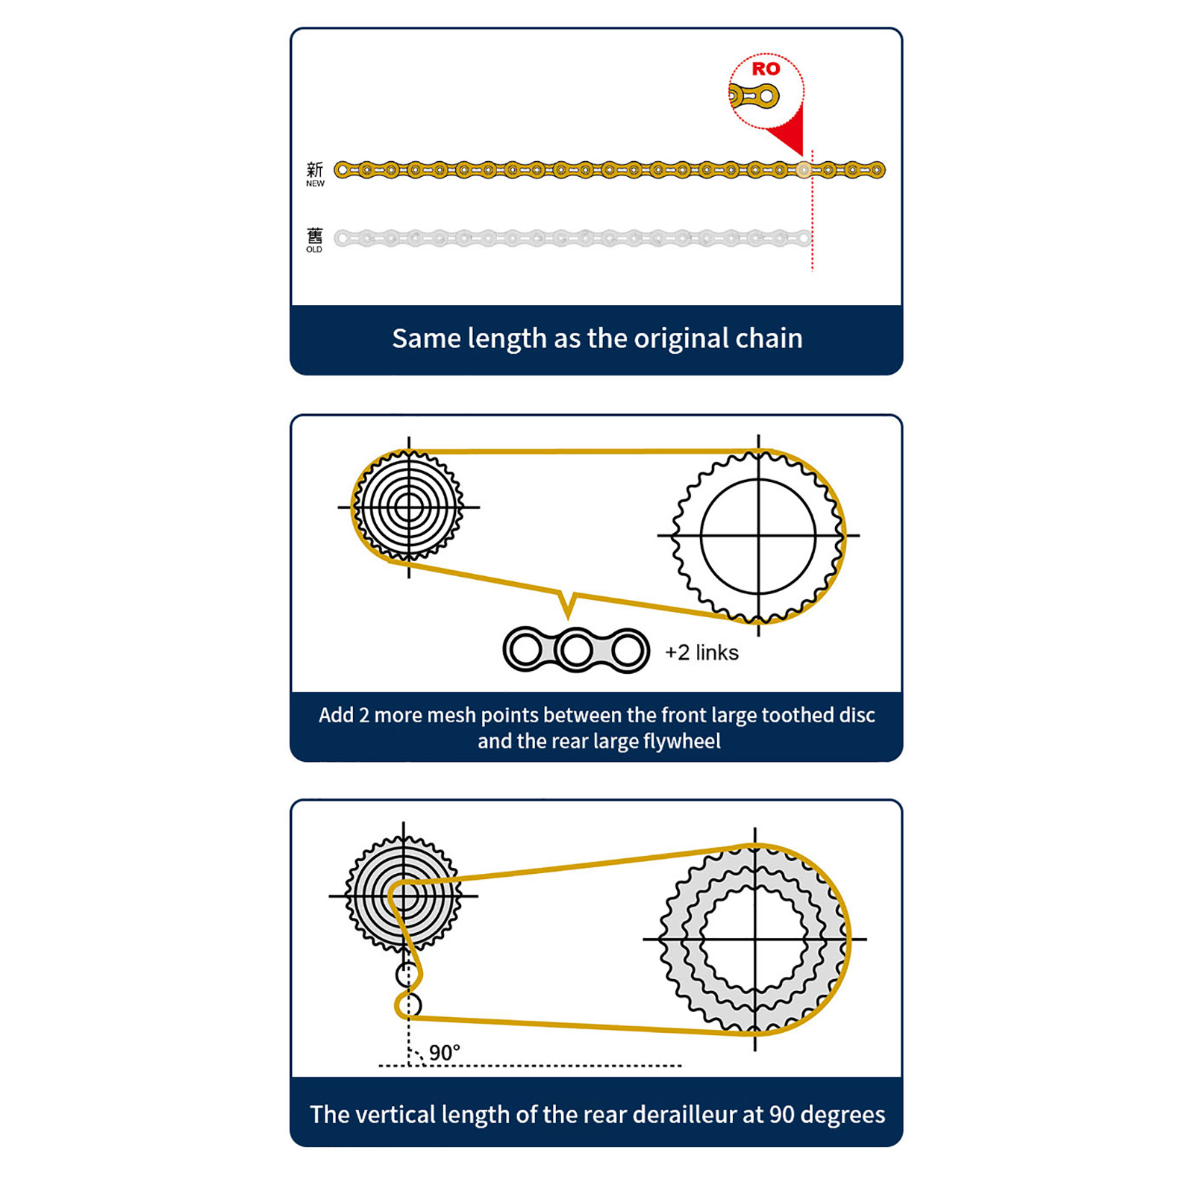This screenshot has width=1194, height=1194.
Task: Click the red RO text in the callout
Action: [766, 69]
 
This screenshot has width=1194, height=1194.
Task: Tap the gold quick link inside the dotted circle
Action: [754, 96]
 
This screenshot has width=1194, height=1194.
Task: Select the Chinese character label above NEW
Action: [315, 169]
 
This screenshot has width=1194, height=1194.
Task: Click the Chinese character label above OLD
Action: [315, 236]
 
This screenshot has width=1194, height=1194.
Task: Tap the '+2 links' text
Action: [701, 653]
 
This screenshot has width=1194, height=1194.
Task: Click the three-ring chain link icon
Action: [576, 650]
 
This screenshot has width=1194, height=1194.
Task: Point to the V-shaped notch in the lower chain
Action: [569, 604]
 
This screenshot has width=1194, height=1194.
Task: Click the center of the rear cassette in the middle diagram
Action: [409, 507]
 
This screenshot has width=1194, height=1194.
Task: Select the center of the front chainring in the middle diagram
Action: [758, 536]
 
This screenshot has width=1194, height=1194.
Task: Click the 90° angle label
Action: [445, 1053]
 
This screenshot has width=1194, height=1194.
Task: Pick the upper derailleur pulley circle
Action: [407, 975]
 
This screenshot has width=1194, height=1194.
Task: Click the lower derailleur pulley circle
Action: [408, 1006]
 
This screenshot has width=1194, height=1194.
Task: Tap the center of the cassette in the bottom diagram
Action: [404, 895]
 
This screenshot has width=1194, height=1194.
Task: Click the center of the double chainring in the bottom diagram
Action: [755, 939]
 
